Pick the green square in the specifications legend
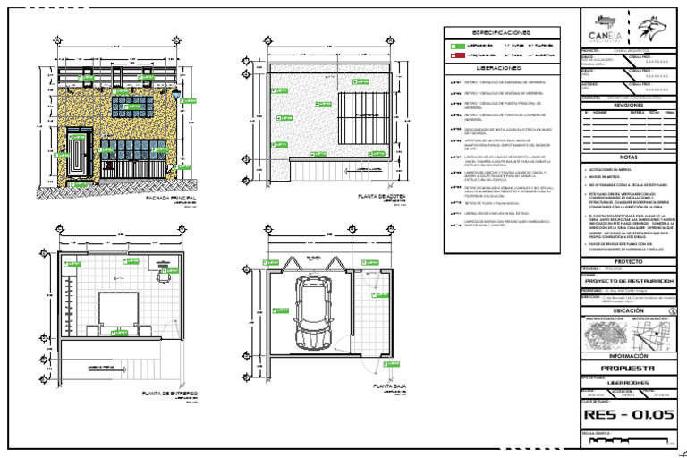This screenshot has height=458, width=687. [458, 44]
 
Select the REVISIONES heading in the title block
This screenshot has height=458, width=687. [628, 105]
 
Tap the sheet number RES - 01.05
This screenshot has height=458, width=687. [628, 414]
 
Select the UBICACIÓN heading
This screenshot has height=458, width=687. [628, 310]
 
